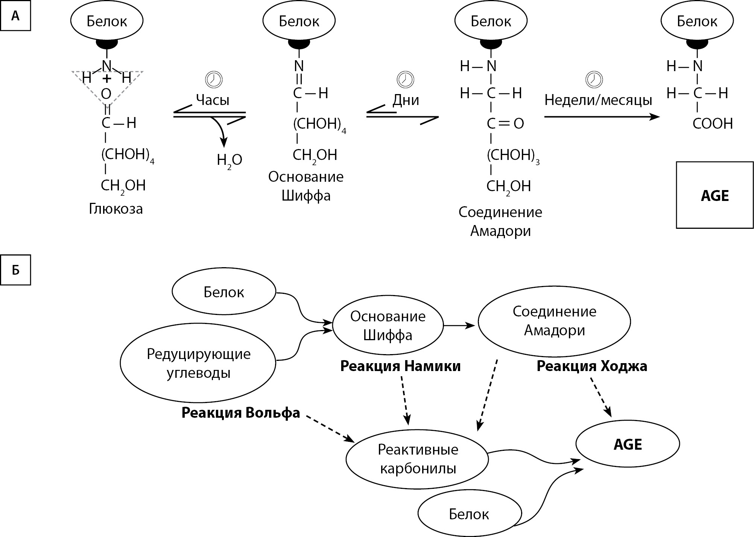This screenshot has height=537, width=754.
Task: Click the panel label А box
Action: click(15, 16)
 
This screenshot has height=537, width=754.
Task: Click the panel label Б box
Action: click(15, 270)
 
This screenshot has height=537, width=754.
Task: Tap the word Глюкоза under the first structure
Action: click(116, 208)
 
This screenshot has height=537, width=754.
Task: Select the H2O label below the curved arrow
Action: click(230, 160)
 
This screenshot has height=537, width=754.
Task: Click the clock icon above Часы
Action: click(213, 79)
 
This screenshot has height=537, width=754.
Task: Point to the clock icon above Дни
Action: click(405, 79)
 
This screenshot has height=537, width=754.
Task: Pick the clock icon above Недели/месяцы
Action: click(594, 79)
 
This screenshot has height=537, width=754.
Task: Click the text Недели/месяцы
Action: click(598, 100)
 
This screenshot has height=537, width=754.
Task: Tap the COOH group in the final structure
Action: click(713, 124)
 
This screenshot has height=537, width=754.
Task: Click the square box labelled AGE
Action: click(714, 195)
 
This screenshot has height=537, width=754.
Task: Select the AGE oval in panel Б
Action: click(628, 444)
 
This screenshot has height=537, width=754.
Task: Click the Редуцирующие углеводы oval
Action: click(199, 363)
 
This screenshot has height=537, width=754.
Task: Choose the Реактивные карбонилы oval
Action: click(417, 459)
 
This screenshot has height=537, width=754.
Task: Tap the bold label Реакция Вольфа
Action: click(241, 413)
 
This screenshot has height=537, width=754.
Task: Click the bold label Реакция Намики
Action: click(400, 366)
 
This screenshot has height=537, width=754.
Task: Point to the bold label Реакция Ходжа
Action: click(592, 366)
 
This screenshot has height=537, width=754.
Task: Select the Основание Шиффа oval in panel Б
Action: click(388, 326)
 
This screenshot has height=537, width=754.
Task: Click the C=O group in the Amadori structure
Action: click(505, 124)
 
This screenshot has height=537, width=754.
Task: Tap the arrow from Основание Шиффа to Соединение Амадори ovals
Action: click(460, 326)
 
